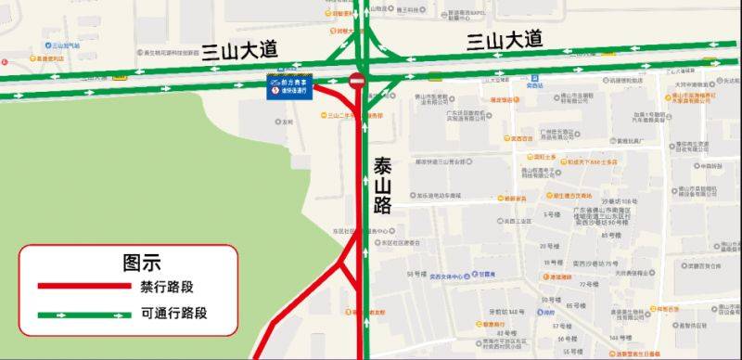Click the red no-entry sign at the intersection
pos(357,82)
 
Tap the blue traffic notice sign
pos(289,86)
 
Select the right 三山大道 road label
pos(505,40)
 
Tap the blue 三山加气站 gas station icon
pos(47,45)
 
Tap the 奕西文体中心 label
pos(454,276)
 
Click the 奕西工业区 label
pos(518,222)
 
